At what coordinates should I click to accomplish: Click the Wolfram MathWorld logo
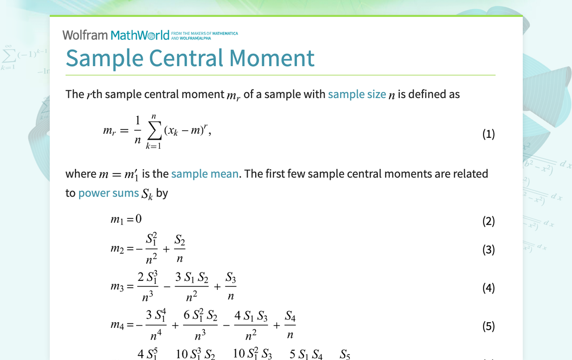[116, 35]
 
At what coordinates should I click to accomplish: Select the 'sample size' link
[357, 94]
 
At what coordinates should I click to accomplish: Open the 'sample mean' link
[204, 174]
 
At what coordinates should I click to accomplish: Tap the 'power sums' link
[108, 193]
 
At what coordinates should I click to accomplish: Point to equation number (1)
[488, 134]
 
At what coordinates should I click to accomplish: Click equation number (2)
[488, 221]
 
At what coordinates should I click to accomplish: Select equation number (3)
[488, 250]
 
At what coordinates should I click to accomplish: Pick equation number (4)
[488, 288]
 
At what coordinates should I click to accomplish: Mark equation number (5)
[488, 326]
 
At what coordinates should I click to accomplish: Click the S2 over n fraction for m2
[180, 250]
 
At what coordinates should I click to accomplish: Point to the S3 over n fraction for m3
[231, 287]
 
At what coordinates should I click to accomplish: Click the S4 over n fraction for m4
[290, 325]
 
